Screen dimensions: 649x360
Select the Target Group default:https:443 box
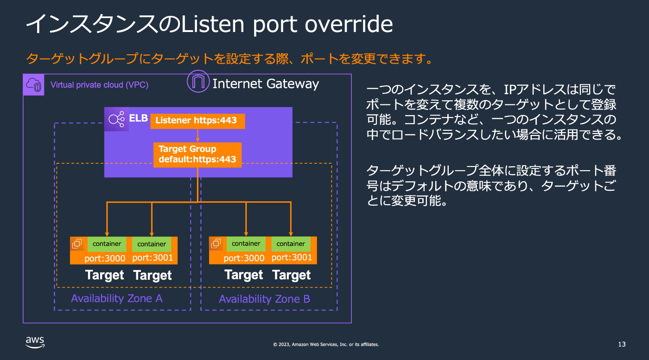click(x=197, y=155)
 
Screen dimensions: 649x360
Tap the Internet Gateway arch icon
click(x=198, y=82)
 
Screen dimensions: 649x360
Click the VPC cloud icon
click(x=33, y=85)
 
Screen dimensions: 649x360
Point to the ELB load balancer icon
click(x=116, y=119)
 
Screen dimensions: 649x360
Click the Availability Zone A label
click(x=116, y=298)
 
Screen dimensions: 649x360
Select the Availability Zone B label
click(x=265, y=299)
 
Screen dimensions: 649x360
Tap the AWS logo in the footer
click(x=35, y=342)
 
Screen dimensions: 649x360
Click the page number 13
click(x=622, y=344)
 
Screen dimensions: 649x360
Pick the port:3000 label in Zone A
click(x=105, y=258)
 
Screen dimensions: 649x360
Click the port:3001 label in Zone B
click(x=292, y=257)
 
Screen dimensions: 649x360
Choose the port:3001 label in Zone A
click(x=153, y=257)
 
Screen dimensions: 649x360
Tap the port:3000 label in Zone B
click(x=244, y=258)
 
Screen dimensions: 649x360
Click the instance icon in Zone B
click(x=216, y=244)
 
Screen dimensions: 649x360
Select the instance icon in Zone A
click(x=77, y=244)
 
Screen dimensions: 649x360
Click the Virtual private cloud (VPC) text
click(x=99, y=85)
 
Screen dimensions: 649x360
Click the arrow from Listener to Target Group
click(x=197, y=135)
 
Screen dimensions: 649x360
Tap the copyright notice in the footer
click(x=326, y=344)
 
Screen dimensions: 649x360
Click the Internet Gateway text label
click(x=266, y=84)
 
